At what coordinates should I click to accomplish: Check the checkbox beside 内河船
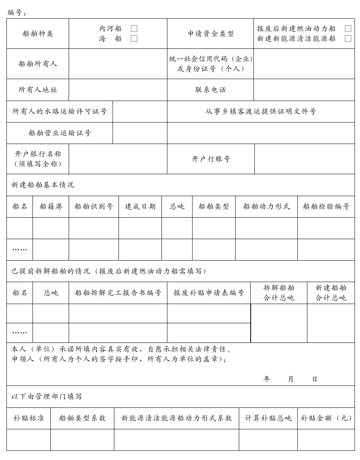(134, 28)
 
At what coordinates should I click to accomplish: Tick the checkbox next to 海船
(134, 38)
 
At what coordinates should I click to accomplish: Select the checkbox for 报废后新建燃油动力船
(348, 28)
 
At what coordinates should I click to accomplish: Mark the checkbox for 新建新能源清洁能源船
(348, 38)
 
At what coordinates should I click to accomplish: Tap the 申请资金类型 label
(210, 33)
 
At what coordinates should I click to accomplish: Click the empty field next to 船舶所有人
(118, 64)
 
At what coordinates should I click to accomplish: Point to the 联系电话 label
(210, 90)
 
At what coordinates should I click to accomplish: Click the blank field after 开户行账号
(304, 159)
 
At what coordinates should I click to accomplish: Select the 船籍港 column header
(51, 206)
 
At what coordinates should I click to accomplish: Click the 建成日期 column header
(140, 206)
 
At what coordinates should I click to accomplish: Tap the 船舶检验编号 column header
(326, 206)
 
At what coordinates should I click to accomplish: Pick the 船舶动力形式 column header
(266, 206)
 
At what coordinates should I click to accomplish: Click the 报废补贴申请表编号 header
(209, 293)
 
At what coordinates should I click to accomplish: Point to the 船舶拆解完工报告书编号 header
(118, 293)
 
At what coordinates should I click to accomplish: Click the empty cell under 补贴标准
(28, 439)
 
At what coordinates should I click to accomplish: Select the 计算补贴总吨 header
(268, 418)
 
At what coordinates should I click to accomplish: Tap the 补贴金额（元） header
(326, 418)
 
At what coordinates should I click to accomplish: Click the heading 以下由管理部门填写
(47, 396)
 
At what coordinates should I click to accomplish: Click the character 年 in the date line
(267, 379)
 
